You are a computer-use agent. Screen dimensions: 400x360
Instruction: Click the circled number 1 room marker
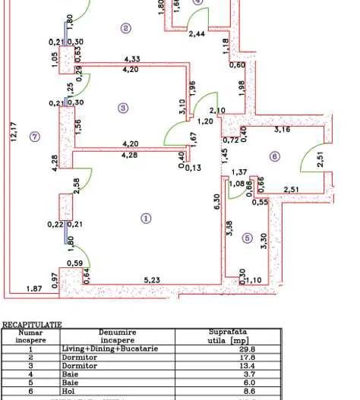pyautogui.click(x=146, y=219)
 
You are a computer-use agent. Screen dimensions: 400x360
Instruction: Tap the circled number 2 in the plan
pyautogui.click(x=126, y=29)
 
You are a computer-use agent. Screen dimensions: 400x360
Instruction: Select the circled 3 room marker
pyautogui.click(x=124, y=109)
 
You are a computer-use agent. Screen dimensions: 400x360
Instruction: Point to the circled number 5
pyautogui.click(x=246, y=238)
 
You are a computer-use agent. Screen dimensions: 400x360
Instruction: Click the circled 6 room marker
pyautogui.click(x=275, y=157)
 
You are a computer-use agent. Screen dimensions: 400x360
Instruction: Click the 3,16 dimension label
pyautogui.click(x=283, y=130)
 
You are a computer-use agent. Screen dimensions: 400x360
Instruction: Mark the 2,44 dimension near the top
pyautogui.click(x=196, y=34)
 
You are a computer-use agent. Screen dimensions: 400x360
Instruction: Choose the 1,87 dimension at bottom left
pyautogui.click(x=34, y=288)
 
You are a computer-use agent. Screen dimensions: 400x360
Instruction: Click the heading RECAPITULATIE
pyautogui.click(x=31, y=324)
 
